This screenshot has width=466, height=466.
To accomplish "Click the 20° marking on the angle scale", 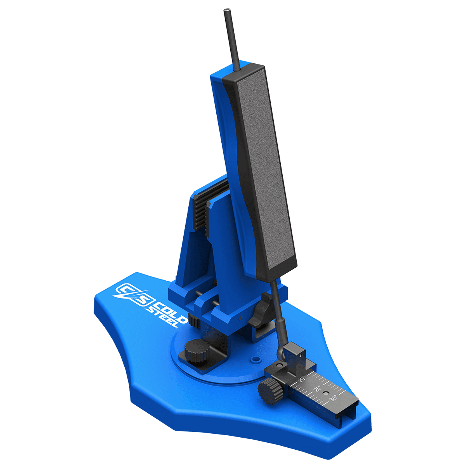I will (x=302, y=378).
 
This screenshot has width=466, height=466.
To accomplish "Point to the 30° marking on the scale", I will (x=333, y=398).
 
